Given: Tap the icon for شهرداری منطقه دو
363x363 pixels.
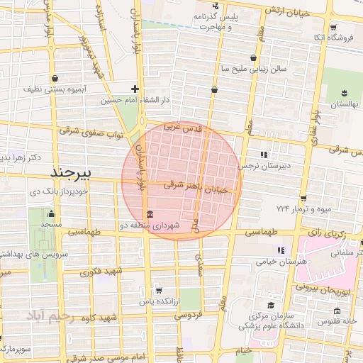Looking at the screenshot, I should [x=149, y=215].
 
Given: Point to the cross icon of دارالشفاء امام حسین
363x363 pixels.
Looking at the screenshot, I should [x=135, y=89].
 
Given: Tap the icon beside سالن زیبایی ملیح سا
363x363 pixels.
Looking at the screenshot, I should [x=252, y=58].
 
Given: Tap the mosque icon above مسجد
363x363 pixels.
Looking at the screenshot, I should [x=51, y=213].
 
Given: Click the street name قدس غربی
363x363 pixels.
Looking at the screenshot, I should [x=183, y=128].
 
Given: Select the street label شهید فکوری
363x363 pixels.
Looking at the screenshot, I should [x=102, y=272].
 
